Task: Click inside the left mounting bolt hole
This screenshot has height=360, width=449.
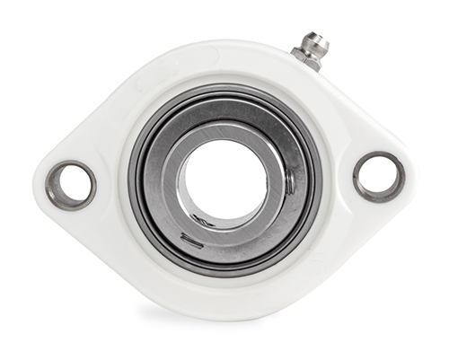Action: [70, 185]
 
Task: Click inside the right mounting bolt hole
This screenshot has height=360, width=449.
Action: [378, 177]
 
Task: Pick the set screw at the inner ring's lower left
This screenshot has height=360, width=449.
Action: [189, 238]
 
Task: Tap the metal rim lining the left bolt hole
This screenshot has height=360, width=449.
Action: [52, 185]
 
